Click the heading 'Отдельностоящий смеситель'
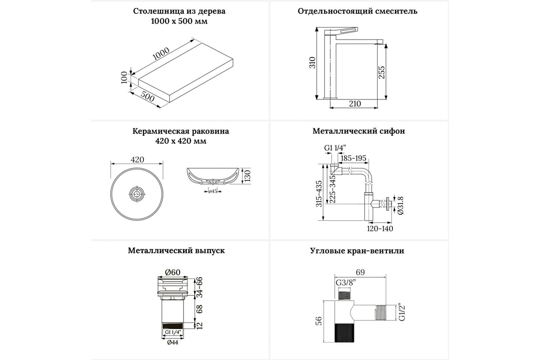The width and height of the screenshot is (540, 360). tap(357, 11)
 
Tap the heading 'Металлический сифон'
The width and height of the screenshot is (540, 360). tap(359, 131)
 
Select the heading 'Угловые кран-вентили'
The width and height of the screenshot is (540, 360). tap(357, 251)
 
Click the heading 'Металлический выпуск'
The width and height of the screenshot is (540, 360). tap(176, 251)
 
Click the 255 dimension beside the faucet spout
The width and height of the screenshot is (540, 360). tap(381, 71)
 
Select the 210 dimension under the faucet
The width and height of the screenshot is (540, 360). tap(355, 104)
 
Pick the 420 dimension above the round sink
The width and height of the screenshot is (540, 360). tap(137, 159)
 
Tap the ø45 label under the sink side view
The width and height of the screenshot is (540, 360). tap(213, 192)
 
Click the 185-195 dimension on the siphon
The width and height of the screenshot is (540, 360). tap(354, 158)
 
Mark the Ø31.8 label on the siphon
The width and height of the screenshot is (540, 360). tap(400, 205)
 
